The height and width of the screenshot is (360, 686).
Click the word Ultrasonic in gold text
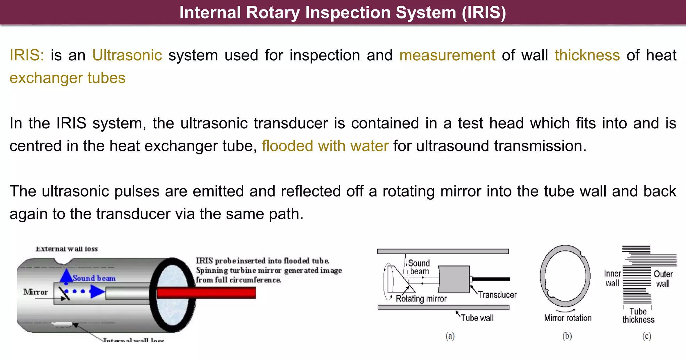(x=127, y=55)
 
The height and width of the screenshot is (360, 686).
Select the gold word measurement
(x=447, y=55)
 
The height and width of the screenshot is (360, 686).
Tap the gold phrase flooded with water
(x=325, y=146)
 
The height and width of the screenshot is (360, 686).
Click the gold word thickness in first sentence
(x=587, y=55)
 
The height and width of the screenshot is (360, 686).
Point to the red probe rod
(x=206, y=293)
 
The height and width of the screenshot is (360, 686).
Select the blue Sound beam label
(x=94, y=278)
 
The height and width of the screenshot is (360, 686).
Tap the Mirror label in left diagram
(x=36, y=292)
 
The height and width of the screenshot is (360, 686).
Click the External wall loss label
(x=67, y=249)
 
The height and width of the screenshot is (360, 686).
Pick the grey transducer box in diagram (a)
(x=454, y=279)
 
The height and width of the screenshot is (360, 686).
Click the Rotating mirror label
(x=421, y=299)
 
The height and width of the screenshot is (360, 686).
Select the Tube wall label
(x=477, y=318)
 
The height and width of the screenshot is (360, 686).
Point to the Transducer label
(x=497, y=295)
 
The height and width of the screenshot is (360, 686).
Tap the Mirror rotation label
(x=568, y=318)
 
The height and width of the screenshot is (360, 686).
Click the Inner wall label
(x=612, y=278)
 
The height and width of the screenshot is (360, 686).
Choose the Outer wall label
(x=663, y=279)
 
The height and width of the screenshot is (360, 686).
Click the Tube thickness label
(x=638, y=315)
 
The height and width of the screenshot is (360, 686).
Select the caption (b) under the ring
(x=567, y=336)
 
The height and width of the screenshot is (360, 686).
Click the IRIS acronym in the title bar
(x=484, y=13)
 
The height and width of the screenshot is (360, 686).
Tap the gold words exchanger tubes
(x=67, y=78)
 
